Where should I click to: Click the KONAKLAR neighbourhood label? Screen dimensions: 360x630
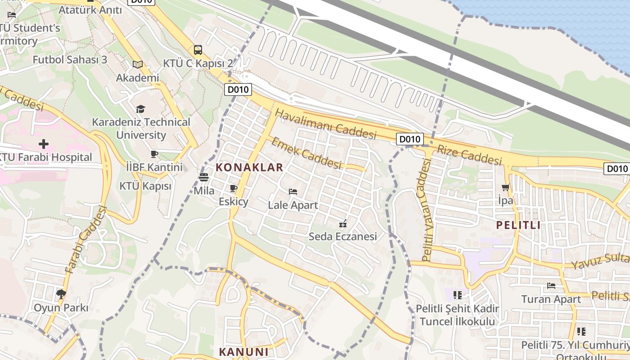(x=249, y=167)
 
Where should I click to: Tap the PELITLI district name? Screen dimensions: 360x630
(x=518, y=225)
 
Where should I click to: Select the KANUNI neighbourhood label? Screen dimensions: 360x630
(x=243, y=352)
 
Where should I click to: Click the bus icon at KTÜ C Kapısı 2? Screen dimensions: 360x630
(x=198, y=49)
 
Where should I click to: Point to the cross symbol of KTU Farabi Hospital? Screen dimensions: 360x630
(x=44, y=144)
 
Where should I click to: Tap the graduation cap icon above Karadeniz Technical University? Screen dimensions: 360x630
(x=141, y=109)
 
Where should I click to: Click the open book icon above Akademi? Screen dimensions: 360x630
(x=138, y=65)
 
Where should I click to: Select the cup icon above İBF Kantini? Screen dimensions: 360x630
(x=154, y=154)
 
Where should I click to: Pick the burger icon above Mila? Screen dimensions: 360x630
(x=204, y=177)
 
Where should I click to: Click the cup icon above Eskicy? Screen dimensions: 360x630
(x=233, y=188)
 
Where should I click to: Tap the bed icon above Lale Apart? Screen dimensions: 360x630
(x=293, y=192)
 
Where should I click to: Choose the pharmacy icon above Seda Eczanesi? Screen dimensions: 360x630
(x=343, y=223)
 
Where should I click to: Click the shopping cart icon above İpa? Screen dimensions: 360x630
(x=506, y=187)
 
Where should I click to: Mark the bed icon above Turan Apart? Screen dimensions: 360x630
(x=551, y=285)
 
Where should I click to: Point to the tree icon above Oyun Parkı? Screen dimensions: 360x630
(x=61, y=294)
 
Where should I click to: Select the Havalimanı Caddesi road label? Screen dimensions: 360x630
(x=325, y=124)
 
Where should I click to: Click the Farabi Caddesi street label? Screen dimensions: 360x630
(x=85, y=239)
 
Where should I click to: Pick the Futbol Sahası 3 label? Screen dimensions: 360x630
(x=70, y=59)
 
